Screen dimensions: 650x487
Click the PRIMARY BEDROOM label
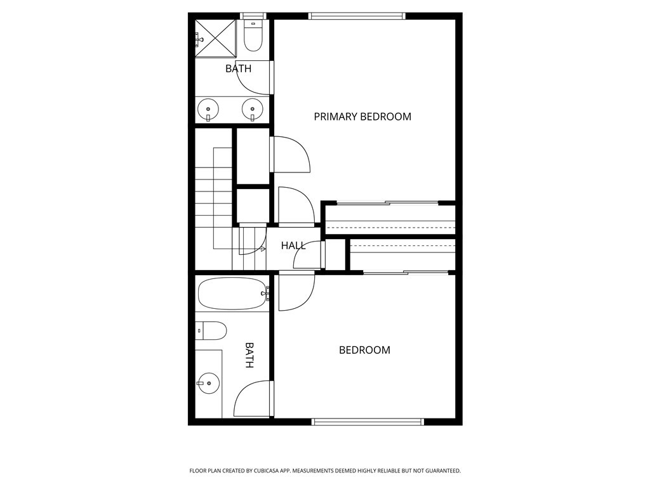tap(362, 117)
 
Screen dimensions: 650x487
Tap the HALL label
tap(293, 245)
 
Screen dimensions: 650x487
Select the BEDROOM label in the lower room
tap(364, 350)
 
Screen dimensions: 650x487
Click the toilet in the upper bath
tap(253, 36)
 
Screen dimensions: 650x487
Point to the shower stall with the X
tap(216, 39)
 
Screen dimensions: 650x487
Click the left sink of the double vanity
tap(208, 109)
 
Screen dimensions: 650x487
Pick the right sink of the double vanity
tap(253, 109)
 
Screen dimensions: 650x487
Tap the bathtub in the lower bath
tap(232, 294)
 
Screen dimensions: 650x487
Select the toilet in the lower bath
tap(211, 330)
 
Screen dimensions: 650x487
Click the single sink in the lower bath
tap(208, 383)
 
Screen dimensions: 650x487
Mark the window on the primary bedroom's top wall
tap(357, 16)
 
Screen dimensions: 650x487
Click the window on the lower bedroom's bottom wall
tap(368, 422)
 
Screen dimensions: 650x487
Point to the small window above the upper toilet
tap(255, 16)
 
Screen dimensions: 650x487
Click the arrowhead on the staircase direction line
tap(263, 249)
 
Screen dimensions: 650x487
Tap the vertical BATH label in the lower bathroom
tap(249, 355)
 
